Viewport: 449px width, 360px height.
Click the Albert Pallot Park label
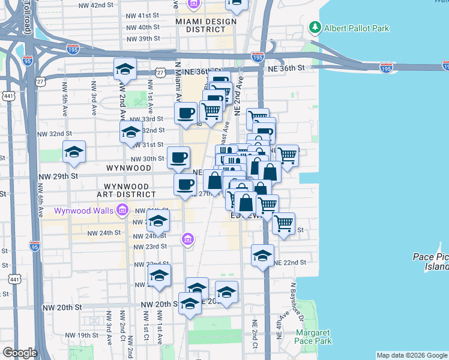357,28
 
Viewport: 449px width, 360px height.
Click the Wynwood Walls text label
85,211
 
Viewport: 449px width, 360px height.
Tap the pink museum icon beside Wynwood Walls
123,210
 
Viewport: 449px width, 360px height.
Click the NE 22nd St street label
291,263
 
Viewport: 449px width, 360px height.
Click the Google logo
20,353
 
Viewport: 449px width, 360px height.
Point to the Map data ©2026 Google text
411,355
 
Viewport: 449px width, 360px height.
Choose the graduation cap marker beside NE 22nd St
262,256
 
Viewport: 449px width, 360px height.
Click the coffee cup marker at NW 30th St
179,158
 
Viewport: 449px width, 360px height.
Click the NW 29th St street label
58,176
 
